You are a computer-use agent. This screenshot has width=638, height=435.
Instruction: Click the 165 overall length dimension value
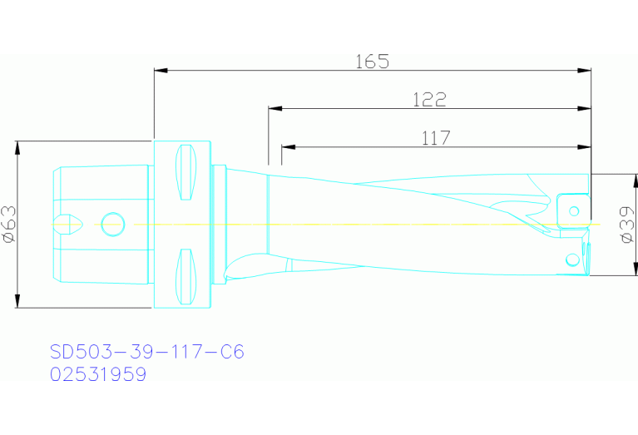372,61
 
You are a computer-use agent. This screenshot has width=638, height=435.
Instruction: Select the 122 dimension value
429,100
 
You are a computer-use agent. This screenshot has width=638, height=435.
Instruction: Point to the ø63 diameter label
9,225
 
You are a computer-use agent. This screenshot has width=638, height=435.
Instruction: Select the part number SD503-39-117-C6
146,352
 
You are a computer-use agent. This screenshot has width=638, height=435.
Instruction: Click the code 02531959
98,375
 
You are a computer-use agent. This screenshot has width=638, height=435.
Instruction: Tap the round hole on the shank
112,224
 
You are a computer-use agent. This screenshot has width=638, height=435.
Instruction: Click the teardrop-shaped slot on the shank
67,224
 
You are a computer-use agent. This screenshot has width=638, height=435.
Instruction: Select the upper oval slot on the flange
185,172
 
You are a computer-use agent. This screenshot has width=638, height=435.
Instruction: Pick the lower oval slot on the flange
185,277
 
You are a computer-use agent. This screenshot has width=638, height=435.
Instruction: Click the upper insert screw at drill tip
573,210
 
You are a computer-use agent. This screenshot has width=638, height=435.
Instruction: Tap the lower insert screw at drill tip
571,260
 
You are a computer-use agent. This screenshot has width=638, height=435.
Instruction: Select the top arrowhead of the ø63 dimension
17,148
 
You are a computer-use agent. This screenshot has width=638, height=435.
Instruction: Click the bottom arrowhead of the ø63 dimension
17,300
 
